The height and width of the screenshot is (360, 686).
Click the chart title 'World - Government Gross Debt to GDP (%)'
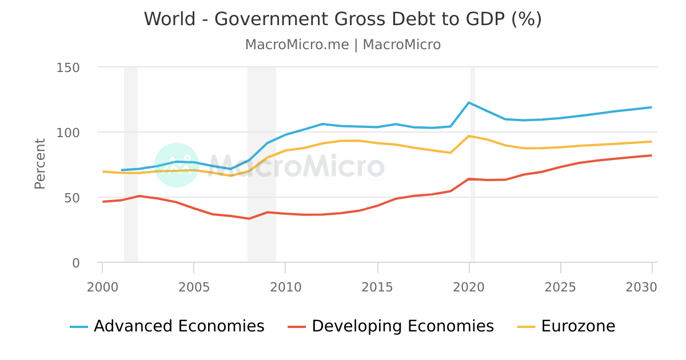pos(342,19)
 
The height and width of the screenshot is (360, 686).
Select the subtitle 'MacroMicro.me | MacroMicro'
pos(342,45)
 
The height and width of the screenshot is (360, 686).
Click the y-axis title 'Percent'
pos(39,163)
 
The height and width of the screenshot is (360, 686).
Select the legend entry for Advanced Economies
pos(167,326)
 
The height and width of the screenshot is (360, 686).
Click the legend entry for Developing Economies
pos(390,326)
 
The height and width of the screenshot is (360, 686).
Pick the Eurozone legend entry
pos(566,326)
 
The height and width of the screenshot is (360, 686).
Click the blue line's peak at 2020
pos(469,103)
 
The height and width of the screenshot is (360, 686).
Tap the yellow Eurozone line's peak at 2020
pos(469,136)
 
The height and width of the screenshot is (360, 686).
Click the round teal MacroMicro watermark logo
pos(177,165)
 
